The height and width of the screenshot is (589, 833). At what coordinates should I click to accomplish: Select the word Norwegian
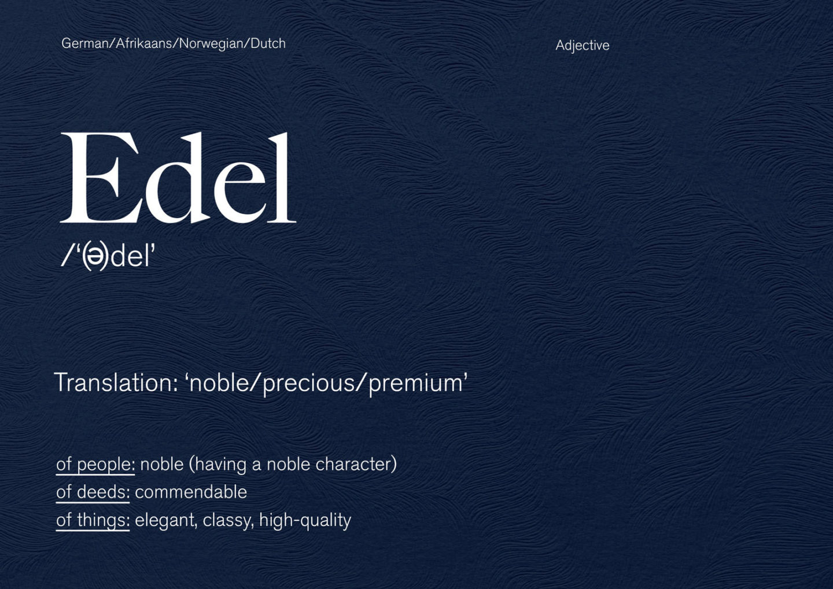pos(212,44)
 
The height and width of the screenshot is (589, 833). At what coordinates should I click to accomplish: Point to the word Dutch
pos(268,43)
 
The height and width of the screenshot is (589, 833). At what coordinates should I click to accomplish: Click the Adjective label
pos(582,45)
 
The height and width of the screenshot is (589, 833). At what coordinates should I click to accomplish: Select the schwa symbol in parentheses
pos(95,257)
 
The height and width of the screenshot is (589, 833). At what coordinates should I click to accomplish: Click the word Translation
pos(115,383)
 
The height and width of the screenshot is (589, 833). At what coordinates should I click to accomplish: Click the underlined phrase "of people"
pos(95,464)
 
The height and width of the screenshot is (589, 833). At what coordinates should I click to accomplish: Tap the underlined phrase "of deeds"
pos(93,492)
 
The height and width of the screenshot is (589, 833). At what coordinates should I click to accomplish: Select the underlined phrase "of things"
pos(93,520)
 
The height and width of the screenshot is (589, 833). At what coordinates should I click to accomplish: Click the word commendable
pos(191,492)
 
